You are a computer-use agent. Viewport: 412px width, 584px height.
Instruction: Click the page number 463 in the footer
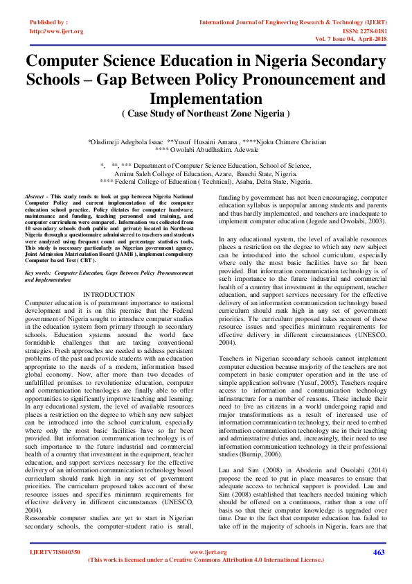click(x=379, y=552)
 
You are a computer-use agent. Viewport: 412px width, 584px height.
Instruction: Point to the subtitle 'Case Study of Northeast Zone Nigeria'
click(x=206, y=112)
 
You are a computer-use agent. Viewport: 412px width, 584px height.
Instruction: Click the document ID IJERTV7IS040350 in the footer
click(x=55, y=552)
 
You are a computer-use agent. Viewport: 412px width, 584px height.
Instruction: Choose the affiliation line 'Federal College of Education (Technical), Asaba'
click(x=206, y=181)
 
